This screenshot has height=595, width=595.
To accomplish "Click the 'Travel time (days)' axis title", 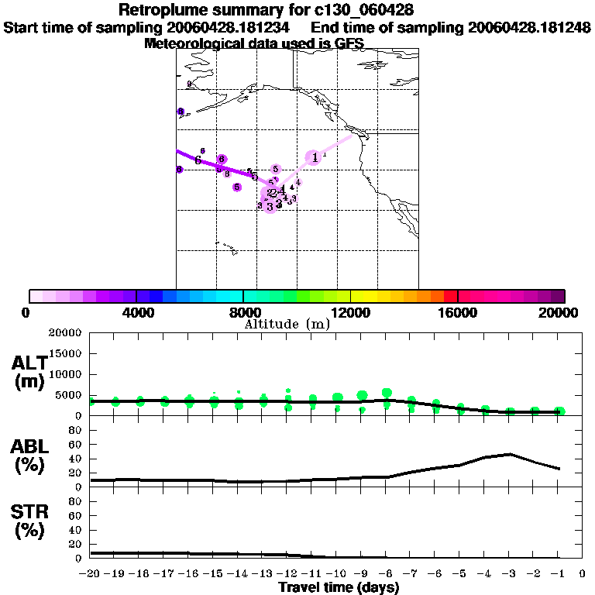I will click(339, 587).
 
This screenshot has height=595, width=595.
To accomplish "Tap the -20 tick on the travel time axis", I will click(92, 574).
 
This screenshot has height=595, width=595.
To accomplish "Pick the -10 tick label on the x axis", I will click(338, 574).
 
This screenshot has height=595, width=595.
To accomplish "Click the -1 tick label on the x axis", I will click(558, 574).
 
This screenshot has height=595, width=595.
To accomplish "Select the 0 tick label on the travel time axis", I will click(583, 574).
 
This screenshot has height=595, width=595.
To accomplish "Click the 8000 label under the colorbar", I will click(243, 313).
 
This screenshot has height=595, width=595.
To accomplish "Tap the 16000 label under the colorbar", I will click(458, 313).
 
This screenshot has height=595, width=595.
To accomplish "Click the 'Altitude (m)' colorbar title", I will click(287, 325).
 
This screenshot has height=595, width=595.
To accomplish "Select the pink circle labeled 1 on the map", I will click(314, 157).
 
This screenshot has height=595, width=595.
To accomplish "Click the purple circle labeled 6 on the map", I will click(222, 160).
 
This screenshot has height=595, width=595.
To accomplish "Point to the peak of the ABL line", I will click(509, 454).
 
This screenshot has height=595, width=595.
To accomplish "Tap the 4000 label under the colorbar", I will click(136, 313).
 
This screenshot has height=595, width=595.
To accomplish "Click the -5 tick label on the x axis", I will click(460, 574).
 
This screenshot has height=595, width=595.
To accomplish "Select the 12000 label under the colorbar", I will click(351, 313).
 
